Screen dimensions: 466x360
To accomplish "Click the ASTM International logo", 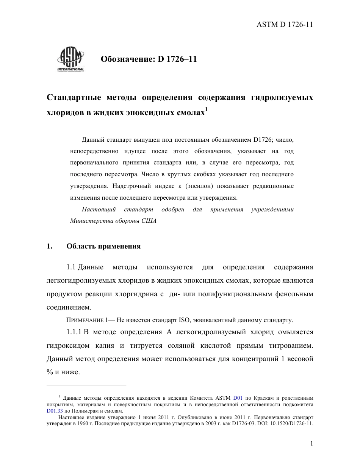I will pyautogui.click(x=70, y=60).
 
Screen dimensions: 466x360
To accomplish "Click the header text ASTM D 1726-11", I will pyautogui.click(x=284, y=25).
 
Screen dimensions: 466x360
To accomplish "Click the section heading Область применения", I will pyautogui.click(x=103, y=246).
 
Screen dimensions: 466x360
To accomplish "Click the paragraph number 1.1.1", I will pyautogui.click(x=74, y=332).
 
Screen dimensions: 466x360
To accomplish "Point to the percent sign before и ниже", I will pyautogui.click(x=49, y=372).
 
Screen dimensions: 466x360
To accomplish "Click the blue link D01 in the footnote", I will pyautogui.click(x=238, y=398).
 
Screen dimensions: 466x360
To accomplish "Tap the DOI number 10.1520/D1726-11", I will pyautogui.click(x=290, y=424).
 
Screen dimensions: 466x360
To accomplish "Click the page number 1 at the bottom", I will pyautogui.click(x=311, y=444).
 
